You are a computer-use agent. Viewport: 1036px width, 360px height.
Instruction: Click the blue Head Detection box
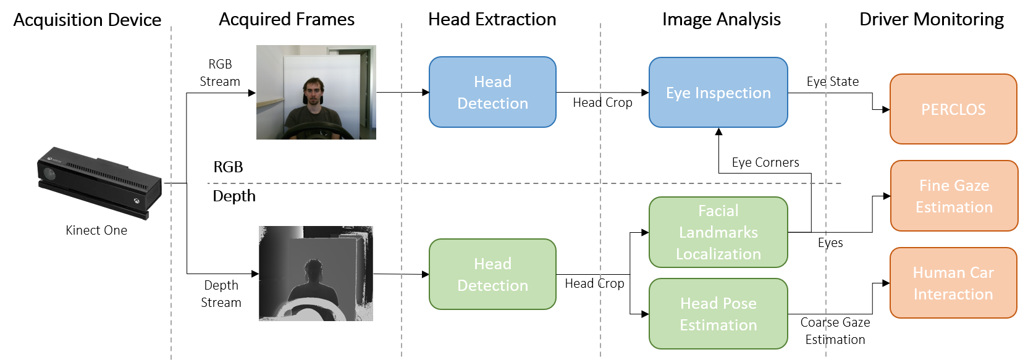[x=492, y=92]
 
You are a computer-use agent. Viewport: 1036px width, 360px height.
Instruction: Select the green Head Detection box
[x=492, y=274]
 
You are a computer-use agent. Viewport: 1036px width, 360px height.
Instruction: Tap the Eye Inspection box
[x=718, y=93]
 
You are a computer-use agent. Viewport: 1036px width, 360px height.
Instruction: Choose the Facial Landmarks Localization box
[x=718, y=232]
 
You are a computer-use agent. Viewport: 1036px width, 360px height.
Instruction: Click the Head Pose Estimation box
[x=718, y=314]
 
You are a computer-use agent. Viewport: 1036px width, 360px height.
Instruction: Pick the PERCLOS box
[x=953, y=109]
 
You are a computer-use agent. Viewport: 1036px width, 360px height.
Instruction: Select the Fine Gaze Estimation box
[x=954, y=196]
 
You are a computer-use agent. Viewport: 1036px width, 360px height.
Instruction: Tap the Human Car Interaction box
[x=953, y=283]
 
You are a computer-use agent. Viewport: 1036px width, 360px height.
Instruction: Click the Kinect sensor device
[x=99, y=183]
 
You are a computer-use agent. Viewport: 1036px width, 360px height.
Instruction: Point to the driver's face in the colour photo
[x=314, y=93]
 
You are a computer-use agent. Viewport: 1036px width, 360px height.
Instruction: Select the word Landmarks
[x=718, y=232]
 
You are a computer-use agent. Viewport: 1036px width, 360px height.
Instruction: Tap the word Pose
[x=739, y=303]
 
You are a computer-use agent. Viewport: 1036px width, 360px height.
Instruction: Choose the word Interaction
[x=953, y=294]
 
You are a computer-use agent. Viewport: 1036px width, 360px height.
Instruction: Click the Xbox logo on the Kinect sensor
[x=136, y=201]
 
